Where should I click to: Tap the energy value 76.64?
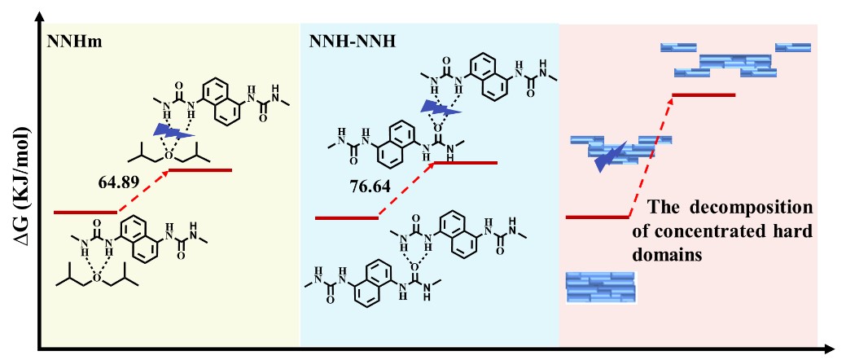(368, 186)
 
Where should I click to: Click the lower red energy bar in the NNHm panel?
(85, 212)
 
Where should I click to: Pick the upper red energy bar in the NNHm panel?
(199, 170)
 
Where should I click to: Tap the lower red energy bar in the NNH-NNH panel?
(346, 217)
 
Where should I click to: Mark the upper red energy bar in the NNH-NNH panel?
(464, 163)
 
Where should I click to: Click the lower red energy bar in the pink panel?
(598, 217)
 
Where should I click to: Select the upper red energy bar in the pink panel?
(705, 95)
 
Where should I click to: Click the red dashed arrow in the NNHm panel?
(142, 191)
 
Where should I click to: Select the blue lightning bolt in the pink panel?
(608, 156)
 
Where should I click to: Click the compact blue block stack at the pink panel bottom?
(600, 286)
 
